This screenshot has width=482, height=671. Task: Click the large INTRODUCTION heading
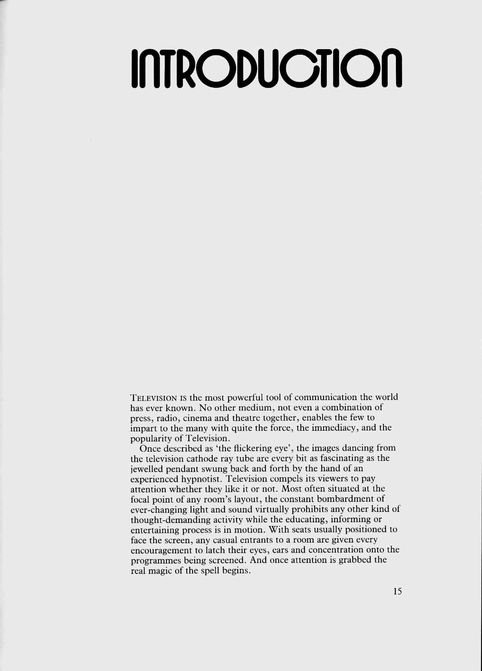tap(266, 67)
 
